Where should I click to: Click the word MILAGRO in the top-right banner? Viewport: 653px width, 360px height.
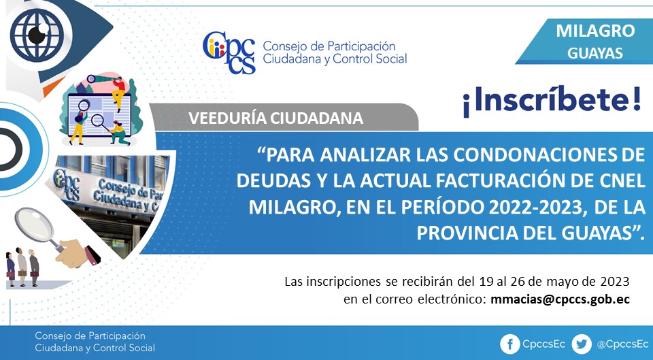595,31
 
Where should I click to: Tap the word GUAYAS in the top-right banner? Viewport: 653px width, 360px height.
595,53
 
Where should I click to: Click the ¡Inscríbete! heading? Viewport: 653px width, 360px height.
552,101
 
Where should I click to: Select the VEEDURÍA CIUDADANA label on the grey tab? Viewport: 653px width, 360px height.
275,118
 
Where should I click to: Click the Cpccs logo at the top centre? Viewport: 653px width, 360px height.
229,52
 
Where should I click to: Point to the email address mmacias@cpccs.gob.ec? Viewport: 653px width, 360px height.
560,299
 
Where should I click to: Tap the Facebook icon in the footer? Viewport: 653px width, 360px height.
509,344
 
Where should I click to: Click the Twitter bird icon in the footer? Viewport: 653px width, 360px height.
582,344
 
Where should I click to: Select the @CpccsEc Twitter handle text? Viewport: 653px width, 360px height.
622,344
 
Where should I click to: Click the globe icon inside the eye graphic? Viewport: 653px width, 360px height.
37,35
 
